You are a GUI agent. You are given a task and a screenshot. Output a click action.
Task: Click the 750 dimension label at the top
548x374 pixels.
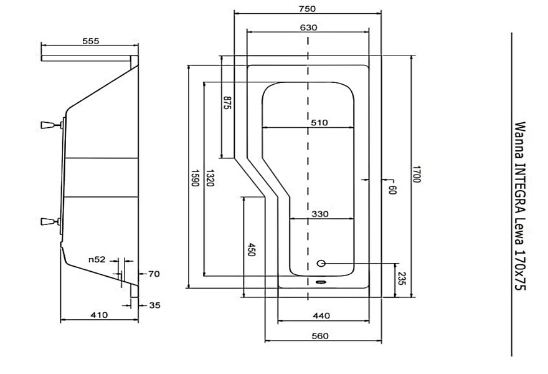coord(308,9)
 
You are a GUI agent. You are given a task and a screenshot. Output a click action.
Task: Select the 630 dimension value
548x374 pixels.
coord(309,27)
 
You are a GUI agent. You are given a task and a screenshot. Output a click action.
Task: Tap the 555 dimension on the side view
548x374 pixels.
coord(90,41)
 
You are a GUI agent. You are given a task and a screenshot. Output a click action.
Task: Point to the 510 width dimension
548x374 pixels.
coord(319,122)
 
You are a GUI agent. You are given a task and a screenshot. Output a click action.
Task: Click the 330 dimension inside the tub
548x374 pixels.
coord(320,214)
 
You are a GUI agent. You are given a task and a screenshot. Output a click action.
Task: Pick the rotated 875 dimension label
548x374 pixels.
coord(227,103)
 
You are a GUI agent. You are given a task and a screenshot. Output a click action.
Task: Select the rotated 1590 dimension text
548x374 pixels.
coord(195,178)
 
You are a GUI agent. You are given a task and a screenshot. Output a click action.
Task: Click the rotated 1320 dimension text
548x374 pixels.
coord(210,178)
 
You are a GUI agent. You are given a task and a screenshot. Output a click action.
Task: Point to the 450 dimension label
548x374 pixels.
coord(251,249)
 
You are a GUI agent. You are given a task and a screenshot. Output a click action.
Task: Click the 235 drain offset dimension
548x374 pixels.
coord(402,279)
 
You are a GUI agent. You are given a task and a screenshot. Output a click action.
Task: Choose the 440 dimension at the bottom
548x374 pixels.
coord(321,316)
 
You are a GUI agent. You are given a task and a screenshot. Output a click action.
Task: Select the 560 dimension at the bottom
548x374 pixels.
coord(320,336)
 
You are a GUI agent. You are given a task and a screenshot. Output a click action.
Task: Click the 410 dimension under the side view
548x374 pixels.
coord(99,315)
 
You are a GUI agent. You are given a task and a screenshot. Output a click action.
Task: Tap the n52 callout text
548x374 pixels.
coord(97,259)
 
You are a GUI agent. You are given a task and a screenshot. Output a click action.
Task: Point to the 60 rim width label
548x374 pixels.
coord(392,189)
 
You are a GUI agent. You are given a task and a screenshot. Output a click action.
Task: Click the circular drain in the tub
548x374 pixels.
coord(321,264)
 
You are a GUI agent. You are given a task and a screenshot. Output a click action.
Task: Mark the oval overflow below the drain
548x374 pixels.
coord(320,281)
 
